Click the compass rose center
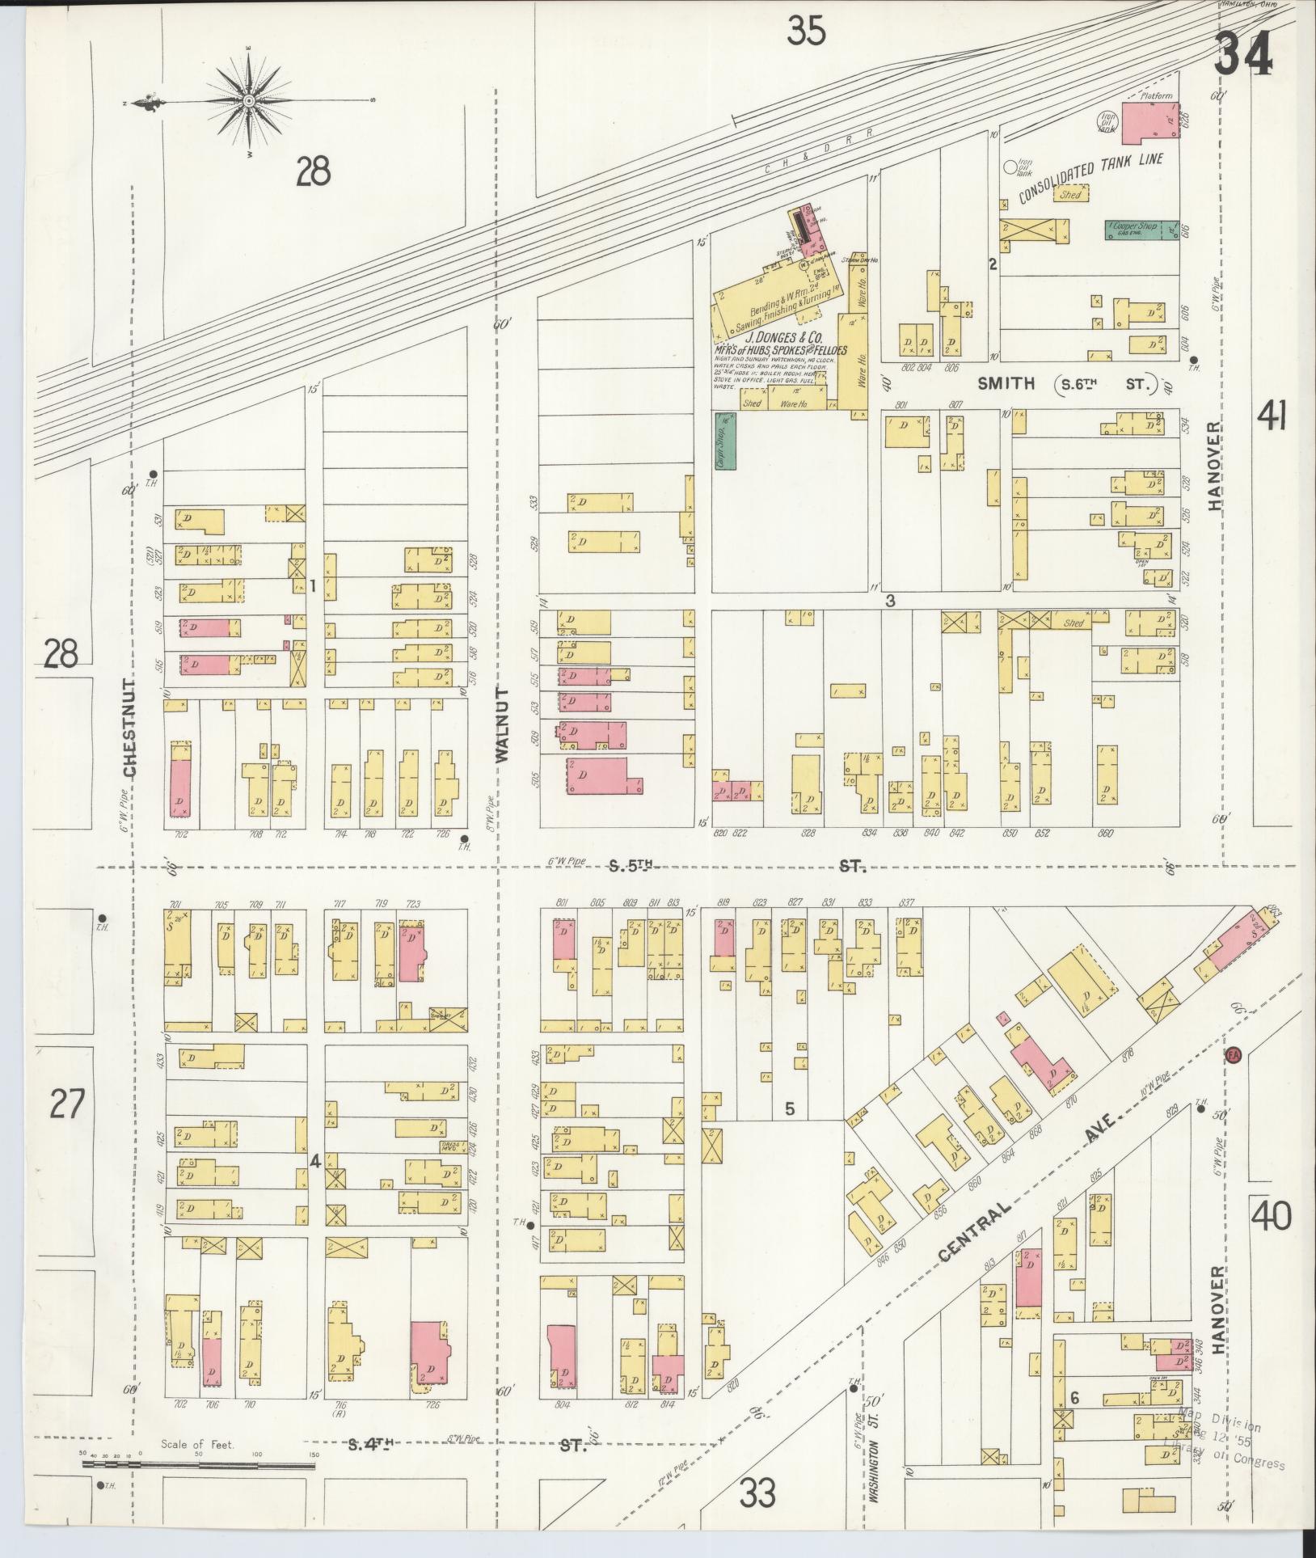point(249,101)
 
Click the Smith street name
point(1006,383)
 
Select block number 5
point(790,1109)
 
